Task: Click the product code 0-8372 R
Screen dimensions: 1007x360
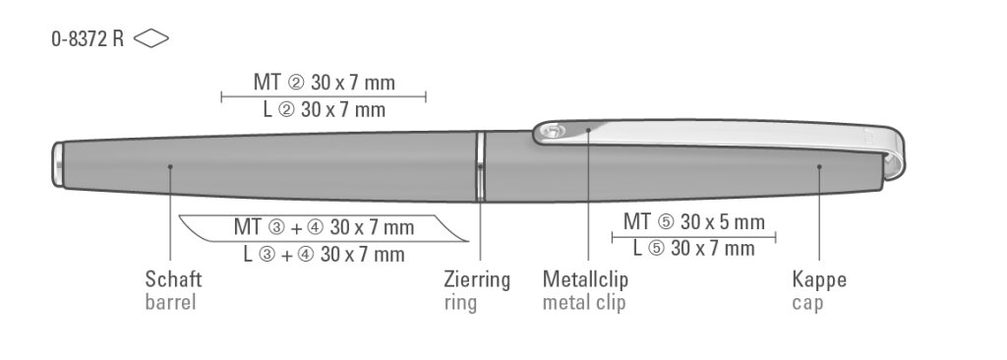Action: pyautogui.click(x=88, y=39)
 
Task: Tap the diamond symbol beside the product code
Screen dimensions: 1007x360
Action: pyautogui.click(x=151, y=39)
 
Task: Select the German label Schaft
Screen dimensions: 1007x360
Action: pyautogui.click(x=173, y=279)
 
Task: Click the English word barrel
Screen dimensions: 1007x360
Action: pyautogui.click(x=170, y=302)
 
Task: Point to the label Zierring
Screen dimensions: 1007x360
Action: pyautogui.click(x=477, y=279)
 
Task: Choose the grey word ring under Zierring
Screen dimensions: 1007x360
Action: pyautogui.click(x=460, y=303)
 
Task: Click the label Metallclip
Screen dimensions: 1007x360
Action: pyautogui.click(x=586, y=279)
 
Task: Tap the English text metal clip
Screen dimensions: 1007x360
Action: pyautogui.click(x=584, y=302)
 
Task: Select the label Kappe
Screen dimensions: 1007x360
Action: pyautogui.click(x=819, y=279)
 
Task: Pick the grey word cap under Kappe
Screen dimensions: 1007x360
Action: pyautogui.click(x=807, y=303)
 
